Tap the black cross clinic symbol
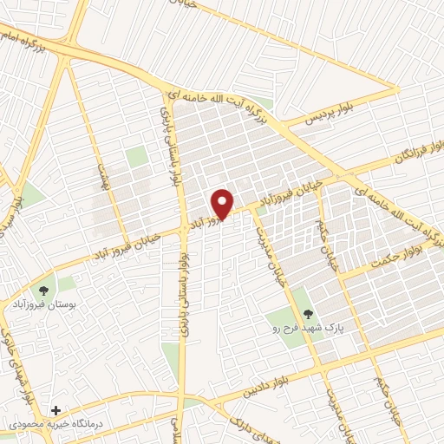[56, 409]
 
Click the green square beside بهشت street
[136, 157]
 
